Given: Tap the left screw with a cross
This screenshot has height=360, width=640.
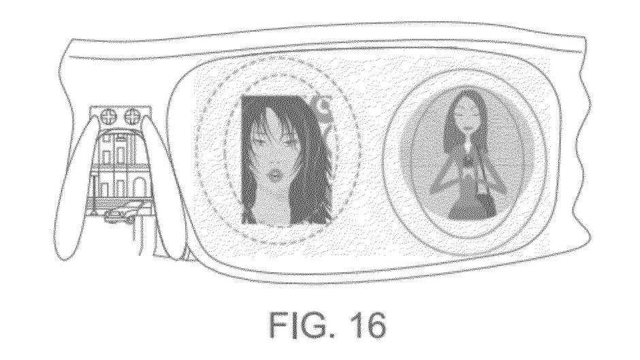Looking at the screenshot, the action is tap(109, 117).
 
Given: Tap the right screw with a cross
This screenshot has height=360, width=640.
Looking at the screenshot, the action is tap(131, 117).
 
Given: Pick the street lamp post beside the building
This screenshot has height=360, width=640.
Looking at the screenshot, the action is tap(93, 192).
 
